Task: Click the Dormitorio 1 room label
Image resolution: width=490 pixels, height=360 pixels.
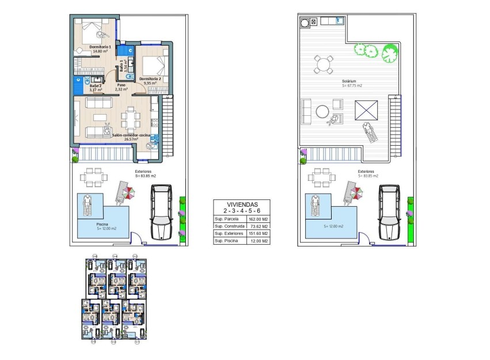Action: pos(100,47)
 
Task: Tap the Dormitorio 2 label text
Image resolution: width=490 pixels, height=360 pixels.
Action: pos(150,78)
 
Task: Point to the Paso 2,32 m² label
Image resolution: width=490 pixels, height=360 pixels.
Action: pos(121,87)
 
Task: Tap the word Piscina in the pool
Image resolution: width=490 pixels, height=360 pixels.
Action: pos(103,224)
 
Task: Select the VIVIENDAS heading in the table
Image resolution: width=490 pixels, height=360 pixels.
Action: pos(241,204)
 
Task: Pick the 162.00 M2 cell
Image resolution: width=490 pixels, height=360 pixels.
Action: pos(258,219)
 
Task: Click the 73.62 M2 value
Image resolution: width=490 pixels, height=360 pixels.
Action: pos(258,226)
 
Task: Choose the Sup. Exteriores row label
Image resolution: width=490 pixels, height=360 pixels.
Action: pos(227,233)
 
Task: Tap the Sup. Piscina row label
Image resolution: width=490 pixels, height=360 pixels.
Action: pos(226,241)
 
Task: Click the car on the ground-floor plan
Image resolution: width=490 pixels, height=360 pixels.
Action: pos(161,212)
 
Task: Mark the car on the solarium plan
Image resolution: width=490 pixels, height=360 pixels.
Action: pos(390,212)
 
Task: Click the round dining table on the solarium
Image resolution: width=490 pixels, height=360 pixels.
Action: pos(323,63)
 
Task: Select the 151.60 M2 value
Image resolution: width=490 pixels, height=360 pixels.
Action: pos(258,233)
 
